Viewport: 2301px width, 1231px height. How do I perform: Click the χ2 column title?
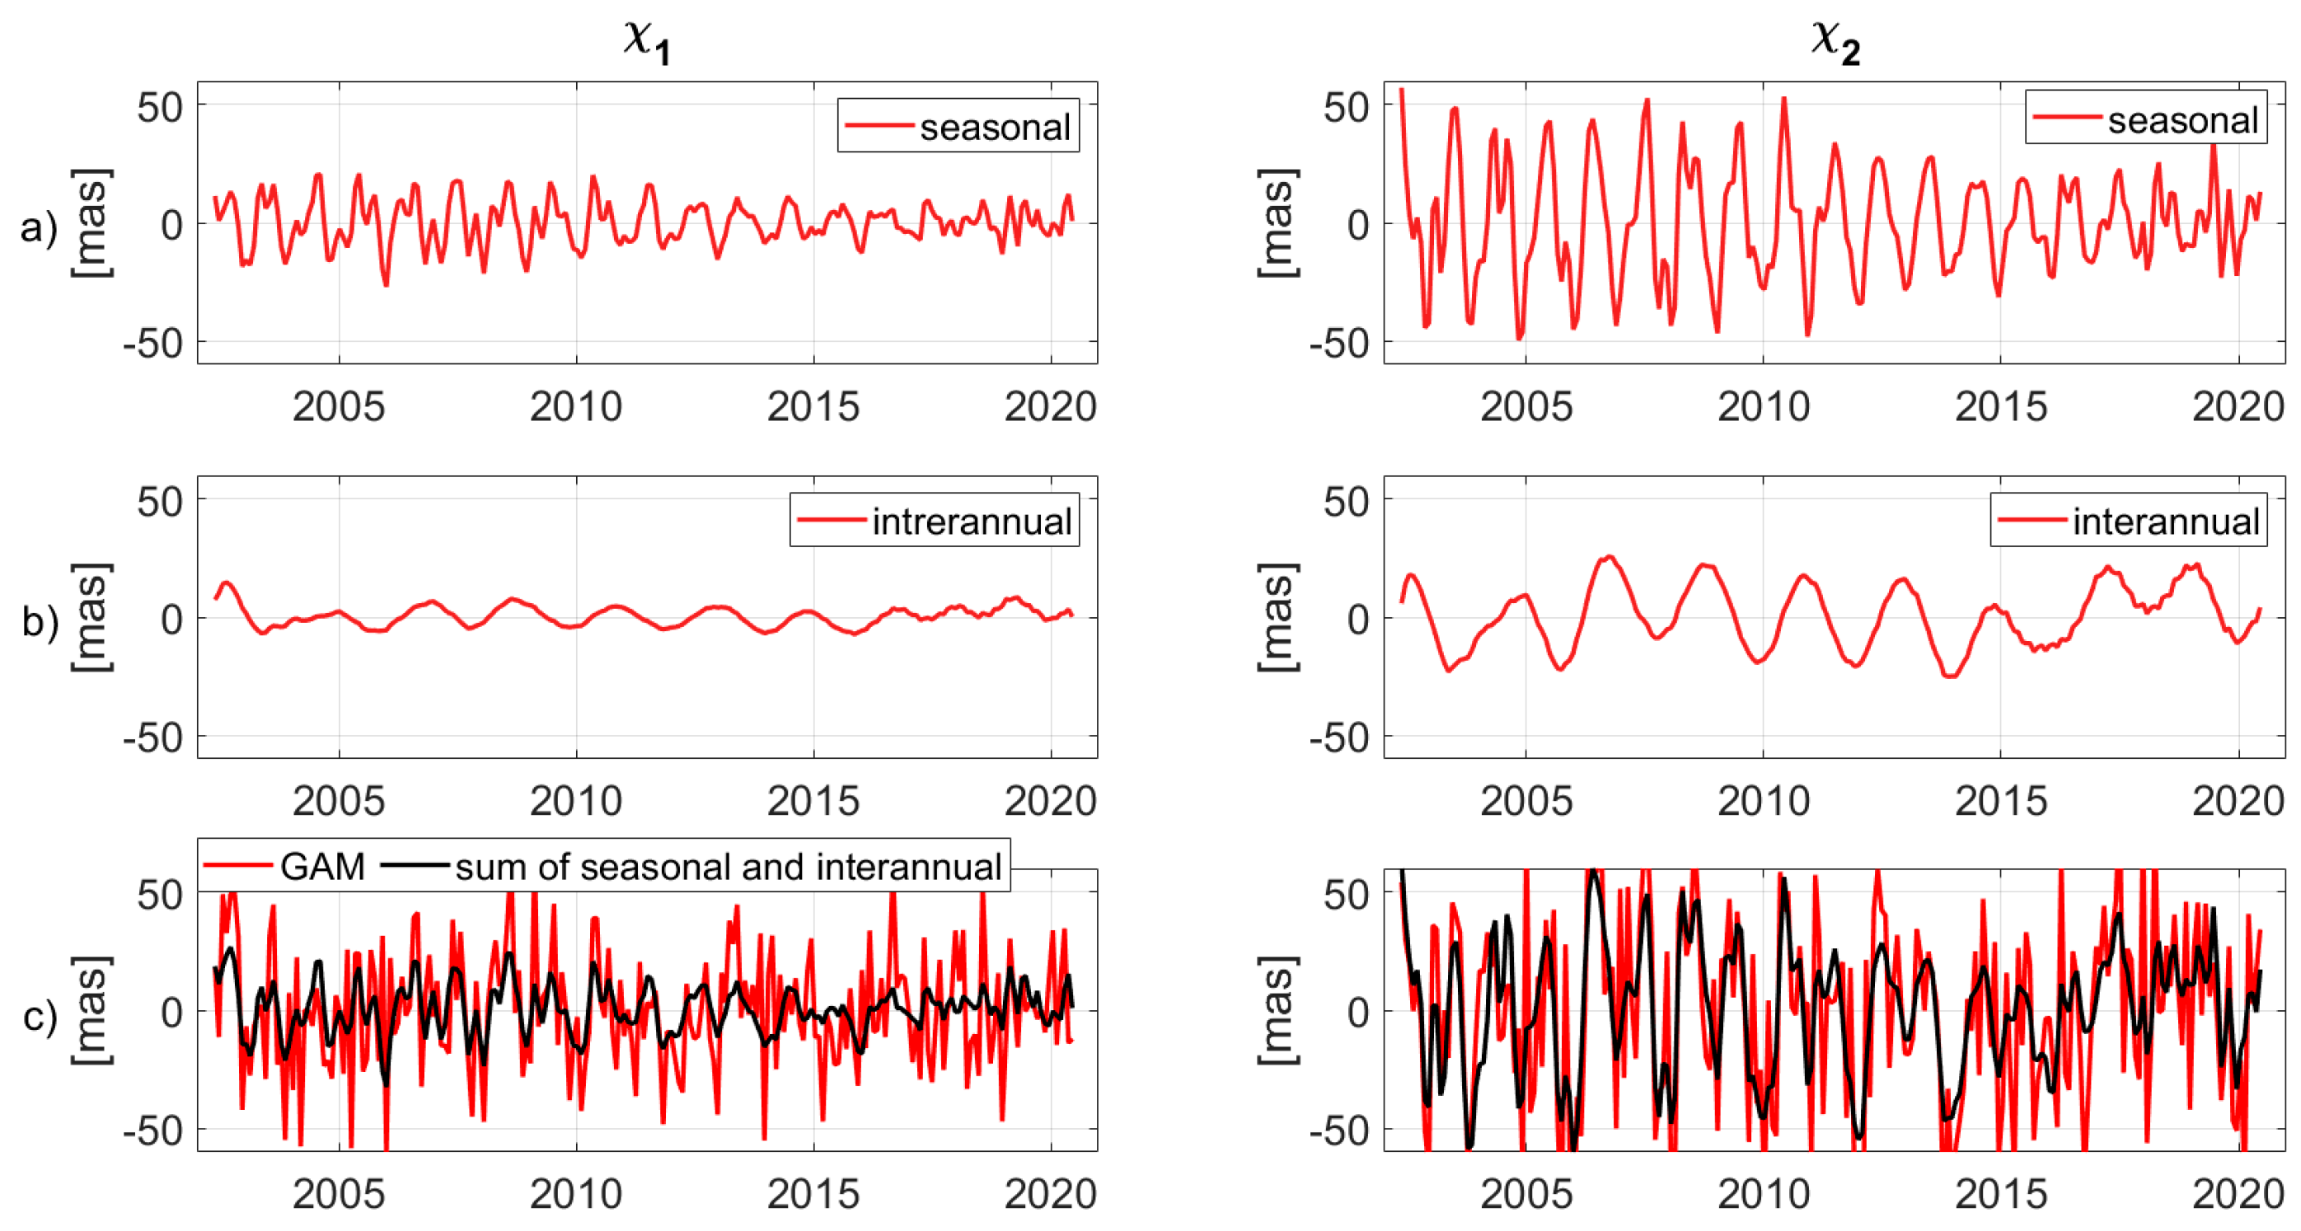click(x=1835, y=41)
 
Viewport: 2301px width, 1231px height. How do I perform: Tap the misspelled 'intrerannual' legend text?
click(x=971, y=521)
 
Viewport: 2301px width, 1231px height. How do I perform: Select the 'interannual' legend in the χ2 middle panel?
click(x=2165, y=521)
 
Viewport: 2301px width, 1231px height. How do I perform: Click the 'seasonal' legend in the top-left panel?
click(x=994, y=127)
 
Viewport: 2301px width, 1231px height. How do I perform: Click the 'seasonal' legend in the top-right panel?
click(x=2182, y=119)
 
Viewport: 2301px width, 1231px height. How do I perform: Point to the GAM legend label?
click(x=322, y=866)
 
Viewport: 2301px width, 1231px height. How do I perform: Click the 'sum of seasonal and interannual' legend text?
click(x=728, y=866)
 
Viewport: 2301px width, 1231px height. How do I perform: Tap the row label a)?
click(x=39, y=226)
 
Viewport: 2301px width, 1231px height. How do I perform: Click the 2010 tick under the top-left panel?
click(x=575, y=406)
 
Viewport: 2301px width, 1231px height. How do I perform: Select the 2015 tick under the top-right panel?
click(x=2000, y=406)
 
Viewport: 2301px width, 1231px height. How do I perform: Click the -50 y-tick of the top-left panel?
click(x=153, y=343)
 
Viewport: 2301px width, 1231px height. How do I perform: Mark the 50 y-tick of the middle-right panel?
click(x=1345, y=501)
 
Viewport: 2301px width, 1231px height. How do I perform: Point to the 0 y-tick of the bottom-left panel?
click(x=171, y=1013)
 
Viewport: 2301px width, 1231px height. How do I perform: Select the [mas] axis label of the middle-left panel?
click(x=92, y=618)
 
